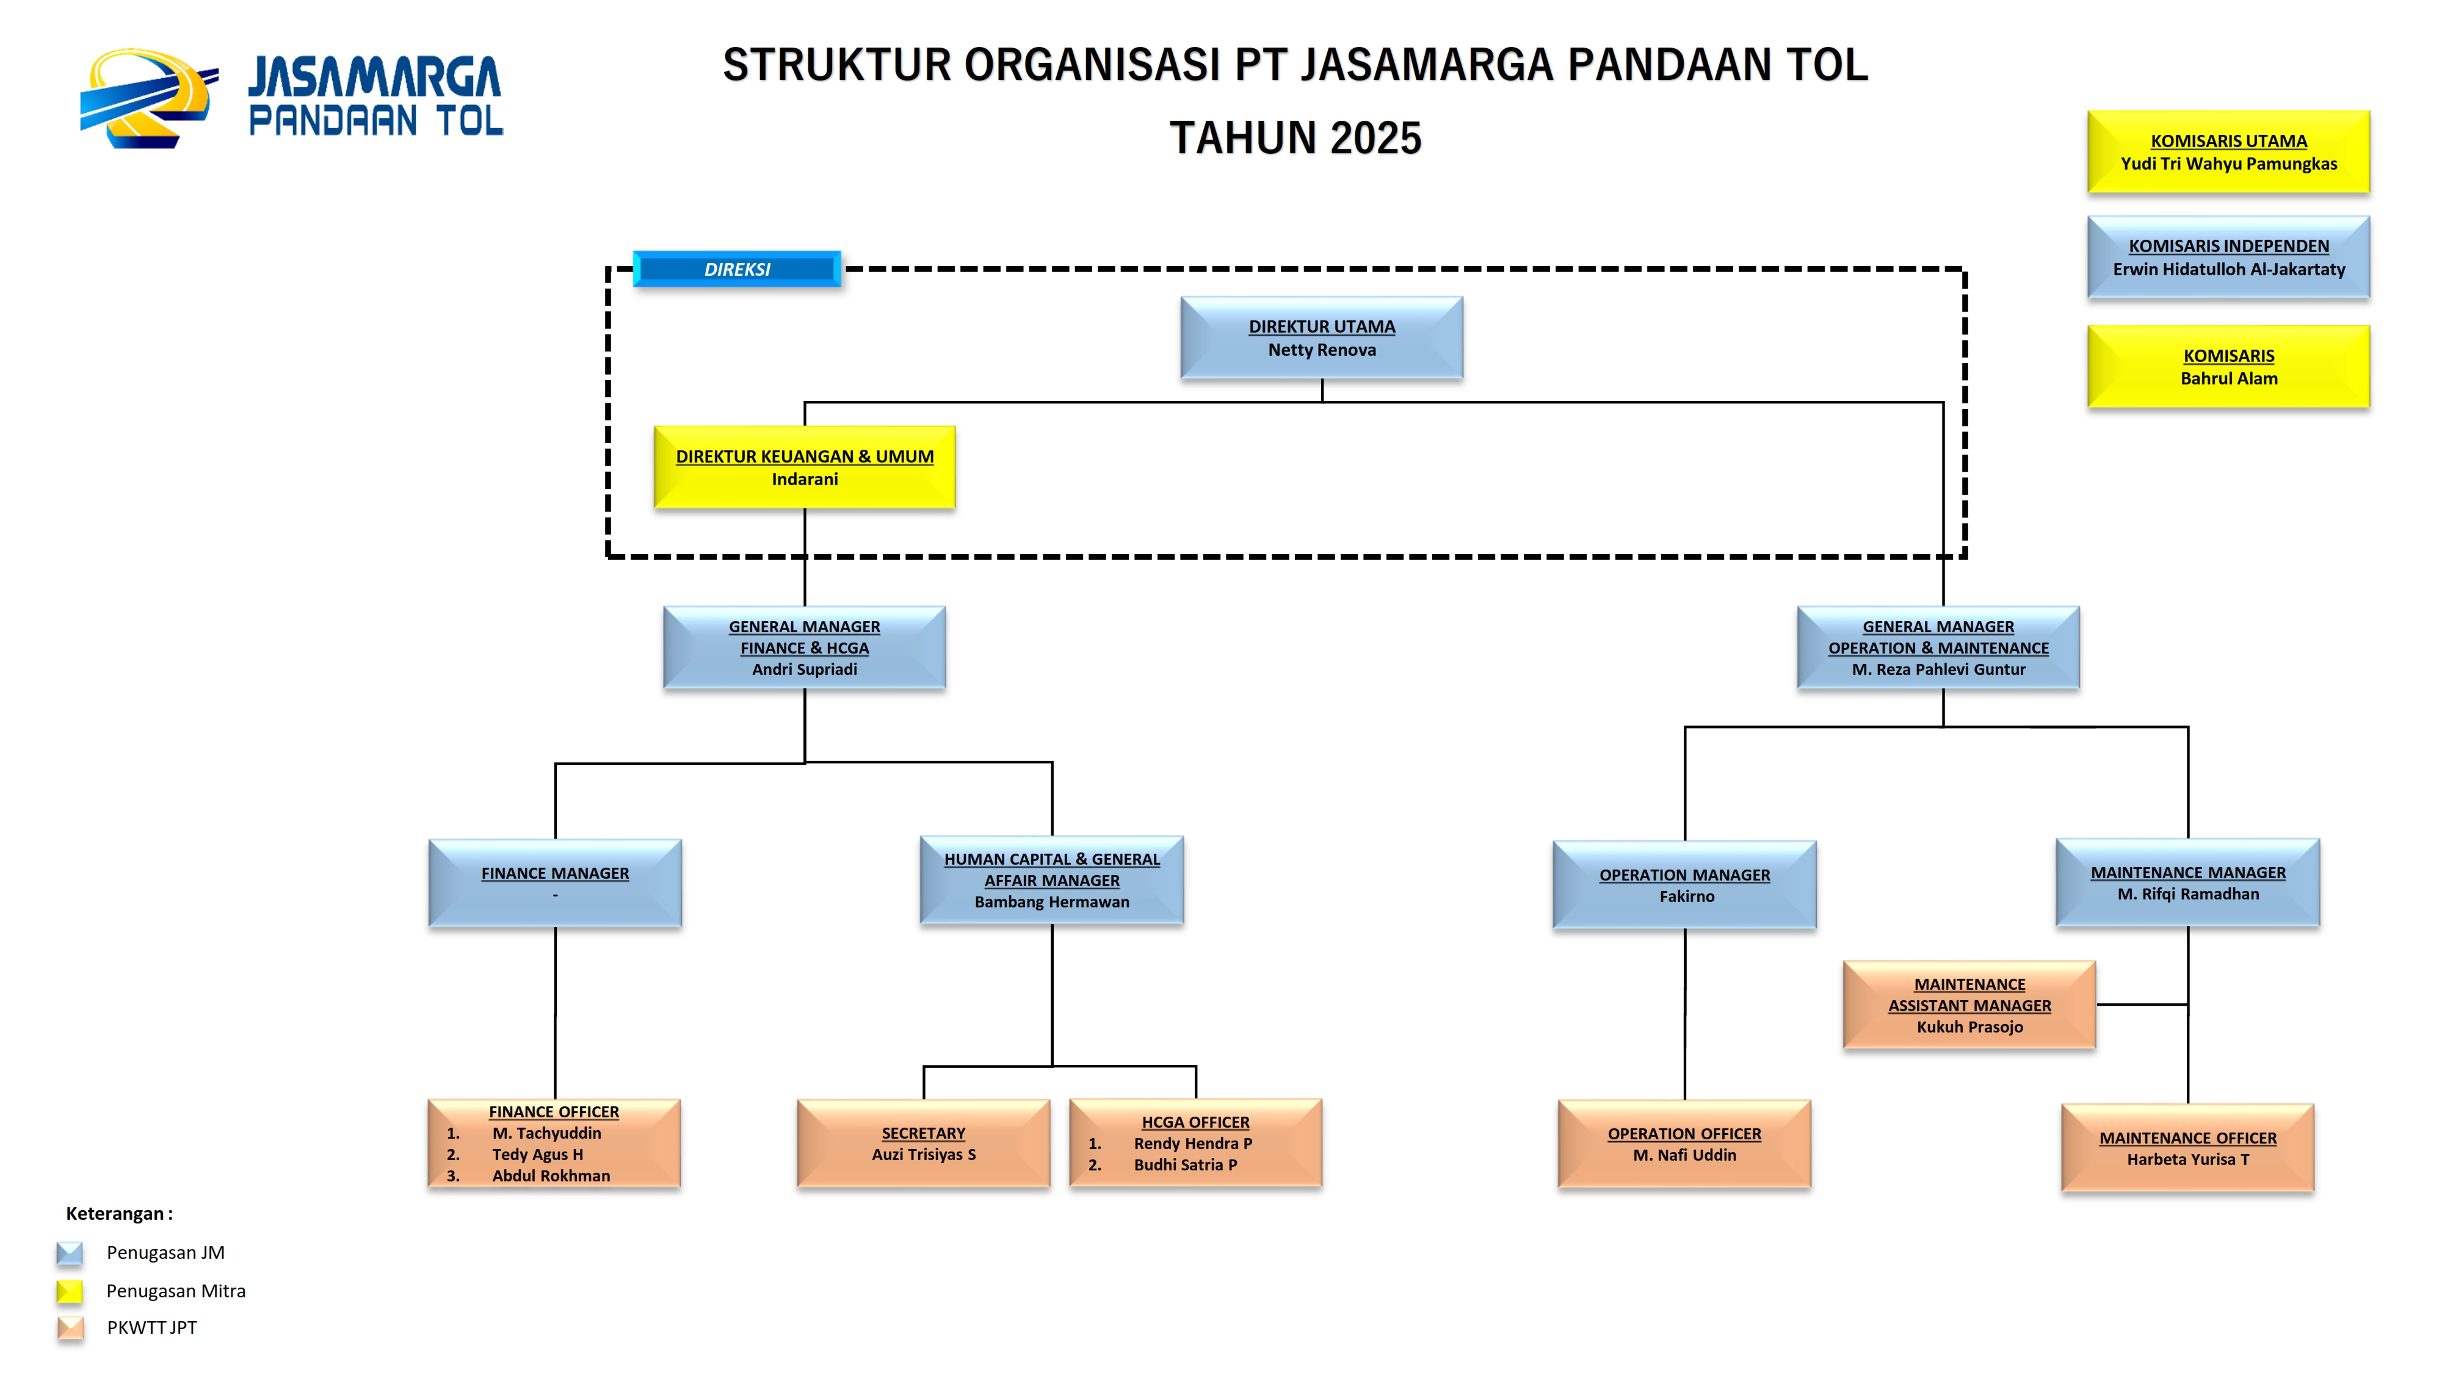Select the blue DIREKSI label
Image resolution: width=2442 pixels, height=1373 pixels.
point(737,269)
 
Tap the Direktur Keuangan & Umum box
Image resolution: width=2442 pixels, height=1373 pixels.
point(804,467)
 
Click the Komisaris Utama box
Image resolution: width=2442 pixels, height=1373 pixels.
point(2228,151)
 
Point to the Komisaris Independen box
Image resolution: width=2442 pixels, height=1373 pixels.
point(2228,258)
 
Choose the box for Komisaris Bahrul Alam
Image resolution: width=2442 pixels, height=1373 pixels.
point(2228,367)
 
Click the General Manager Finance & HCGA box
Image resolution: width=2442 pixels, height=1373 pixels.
point(804,647)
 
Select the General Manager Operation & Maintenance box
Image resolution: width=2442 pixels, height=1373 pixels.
point(1938,647)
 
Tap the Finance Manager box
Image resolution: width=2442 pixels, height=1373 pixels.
point(554,882)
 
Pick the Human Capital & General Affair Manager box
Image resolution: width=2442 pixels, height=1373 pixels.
point(1051,881)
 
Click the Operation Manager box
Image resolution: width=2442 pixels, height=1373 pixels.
point(1684,885)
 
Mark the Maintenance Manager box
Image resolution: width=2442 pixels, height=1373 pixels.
point(2187,882)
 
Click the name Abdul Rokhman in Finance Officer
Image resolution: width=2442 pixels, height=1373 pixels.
point(551,1175)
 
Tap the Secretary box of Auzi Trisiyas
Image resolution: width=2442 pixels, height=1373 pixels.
point(923,1143)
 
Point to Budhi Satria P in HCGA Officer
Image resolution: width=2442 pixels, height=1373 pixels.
point(1185,1164)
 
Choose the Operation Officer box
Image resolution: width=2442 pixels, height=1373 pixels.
point(1684,1144)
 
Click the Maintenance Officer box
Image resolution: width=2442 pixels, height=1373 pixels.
point(2187,1147)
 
